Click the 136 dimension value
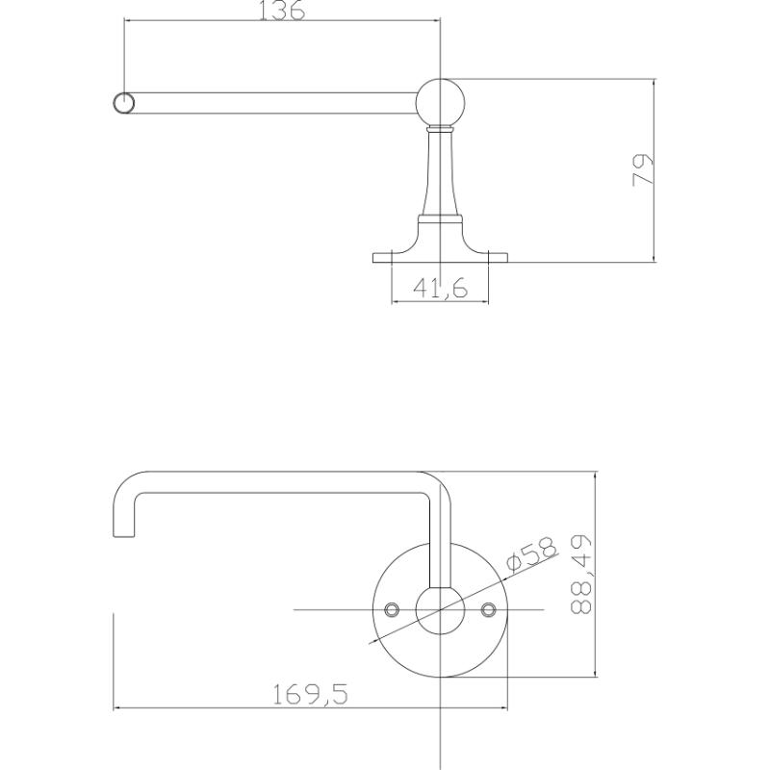point(281,10)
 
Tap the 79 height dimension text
point(643,170)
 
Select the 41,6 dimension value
point(441,288)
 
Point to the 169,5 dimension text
point(310,694)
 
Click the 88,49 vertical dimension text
point(581,575)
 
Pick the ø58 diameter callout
point(532,554)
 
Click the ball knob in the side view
point(440,103)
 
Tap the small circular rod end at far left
point(123,103)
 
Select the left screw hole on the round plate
point(392,610)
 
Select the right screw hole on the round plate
point(488,610)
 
